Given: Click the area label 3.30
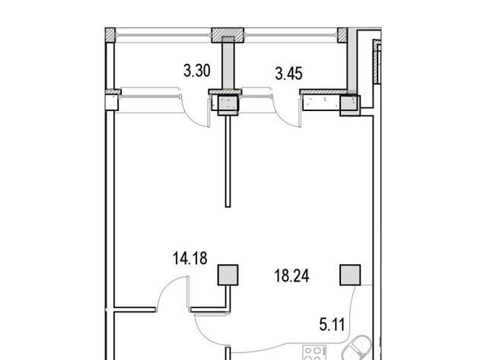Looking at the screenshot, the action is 197,71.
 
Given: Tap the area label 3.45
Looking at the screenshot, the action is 289,74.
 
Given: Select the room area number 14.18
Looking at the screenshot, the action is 189,259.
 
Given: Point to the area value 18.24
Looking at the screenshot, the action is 291,276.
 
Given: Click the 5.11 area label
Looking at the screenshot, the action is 332,325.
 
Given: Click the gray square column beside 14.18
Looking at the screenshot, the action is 228,275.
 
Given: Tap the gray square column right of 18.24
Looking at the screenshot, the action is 350,275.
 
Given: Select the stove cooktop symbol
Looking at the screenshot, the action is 315,352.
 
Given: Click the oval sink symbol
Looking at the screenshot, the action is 357,349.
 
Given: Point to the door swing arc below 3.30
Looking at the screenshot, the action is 190,117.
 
